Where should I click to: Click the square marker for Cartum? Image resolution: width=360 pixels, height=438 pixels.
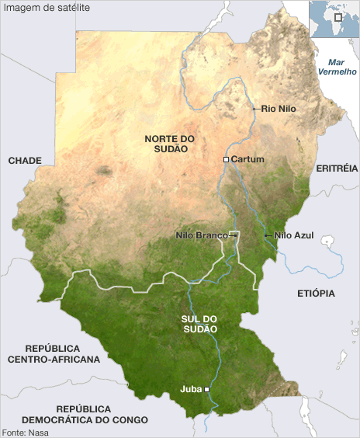click(x=226, y=159)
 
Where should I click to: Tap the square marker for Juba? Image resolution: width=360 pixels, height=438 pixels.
click(x=206, y=390)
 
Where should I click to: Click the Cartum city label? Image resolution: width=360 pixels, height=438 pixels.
click(x=247, y=159)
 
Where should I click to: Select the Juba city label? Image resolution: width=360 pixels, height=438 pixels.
click(x=190, y=390)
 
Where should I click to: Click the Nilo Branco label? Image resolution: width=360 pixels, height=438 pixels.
click(x=201, y=235)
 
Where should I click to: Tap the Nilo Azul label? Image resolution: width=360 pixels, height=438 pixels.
click(x=295, y=235)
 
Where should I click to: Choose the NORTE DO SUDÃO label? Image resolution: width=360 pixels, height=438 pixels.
click(x=169, y=143)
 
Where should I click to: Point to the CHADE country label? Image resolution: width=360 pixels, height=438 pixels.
click(x=24, y=160)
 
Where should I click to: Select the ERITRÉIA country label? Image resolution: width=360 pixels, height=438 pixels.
click(x=337, y=168)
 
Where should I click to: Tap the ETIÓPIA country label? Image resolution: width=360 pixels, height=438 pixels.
click(x=316, y=294)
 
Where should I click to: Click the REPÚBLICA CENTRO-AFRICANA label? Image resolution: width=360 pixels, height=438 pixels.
click(x=54, y=354)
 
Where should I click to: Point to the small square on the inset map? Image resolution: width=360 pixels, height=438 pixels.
click(x=337, y=16)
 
